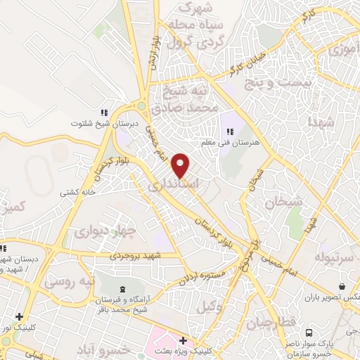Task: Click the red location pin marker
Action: tap(181, 166)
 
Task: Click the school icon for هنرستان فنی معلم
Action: tap(229, 131)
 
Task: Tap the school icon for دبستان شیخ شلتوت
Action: tap(104, 112)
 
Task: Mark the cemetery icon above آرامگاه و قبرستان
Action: tap(124, 289)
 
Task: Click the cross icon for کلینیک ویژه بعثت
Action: tap(184, 340)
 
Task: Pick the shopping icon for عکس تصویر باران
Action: tap(341, 287)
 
